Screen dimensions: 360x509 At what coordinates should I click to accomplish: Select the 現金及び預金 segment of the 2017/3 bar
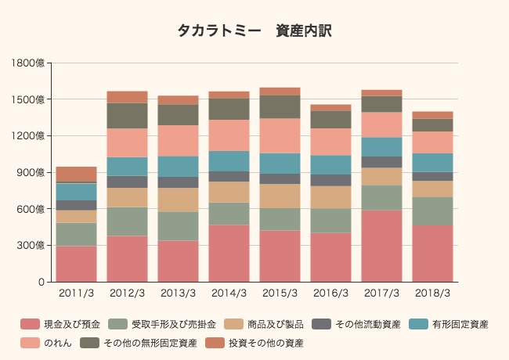pyautogui.click(x=382, y=246)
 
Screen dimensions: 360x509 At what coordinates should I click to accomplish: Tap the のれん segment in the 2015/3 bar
pyautogui.click(x=280, y=135)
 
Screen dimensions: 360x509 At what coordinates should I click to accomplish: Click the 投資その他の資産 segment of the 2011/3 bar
pyautogui.click(x=77, y=174)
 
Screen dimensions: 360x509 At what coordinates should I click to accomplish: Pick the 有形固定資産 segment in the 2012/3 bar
pyautogui.click(x=128, y=166)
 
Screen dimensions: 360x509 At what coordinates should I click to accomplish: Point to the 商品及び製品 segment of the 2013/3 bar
pyautogui.click(x=179, y=200)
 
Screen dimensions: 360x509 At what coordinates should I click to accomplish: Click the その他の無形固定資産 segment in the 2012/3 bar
pyautogui.click(x=128, y=116)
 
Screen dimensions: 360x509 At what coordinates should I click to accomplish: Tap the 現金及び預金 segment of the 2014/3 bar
pyautogui.click(x=229, y=253)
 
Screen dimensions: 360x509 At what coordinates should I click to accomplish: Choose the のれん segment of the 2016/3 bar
pyautogui.click(x=331, y=142)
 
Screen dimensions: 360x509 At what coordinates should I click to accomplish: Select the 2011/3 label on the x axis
pyautogui.click(x=77, y=293)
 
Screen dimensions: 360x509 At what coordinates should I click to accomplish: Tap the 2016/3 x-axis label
pyautogui.click(x=331, y=293)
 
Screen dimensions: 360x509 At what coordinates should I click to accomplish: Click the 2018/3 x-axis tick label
pyautogui.click(x=433, y=293)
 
